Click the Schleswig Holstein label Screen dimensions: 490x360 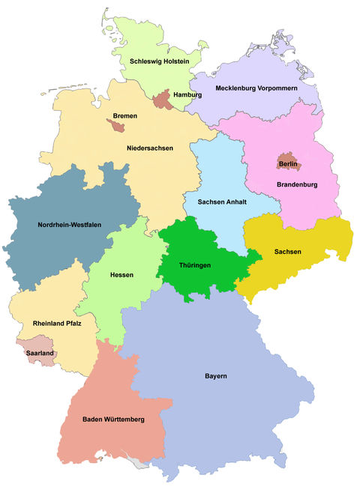click(159, 61)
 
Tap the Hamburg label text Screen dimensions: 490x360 click(187, 95)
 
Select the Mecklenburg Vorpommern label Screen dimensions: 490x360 click(257, 88)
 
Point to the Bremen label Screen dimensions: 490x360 click(124, 116)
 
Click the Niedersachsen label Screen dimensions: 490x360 click(150, 148)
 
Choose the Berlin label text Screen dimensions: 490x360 click(288, 163)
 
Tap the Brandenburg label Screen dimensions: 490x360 click(298, 184)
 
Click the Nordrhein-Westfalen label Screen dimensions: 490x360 click(69, 224)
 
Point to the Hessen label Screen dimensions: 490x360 click(121, 275)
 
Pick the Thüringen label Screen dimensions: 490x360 click(194, 265)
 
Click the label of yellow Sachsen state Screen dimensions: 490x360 click(287, 252)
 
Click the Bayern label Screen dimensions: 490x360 click(215, 375)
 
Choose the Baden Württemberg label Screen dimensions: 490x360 click(113, 419)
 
